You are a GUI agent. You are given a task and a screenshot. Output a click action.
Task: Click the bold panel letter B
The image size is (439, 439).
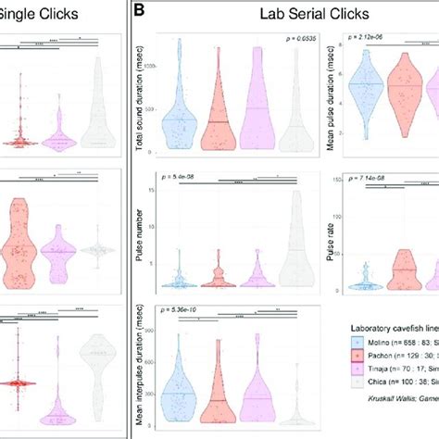coord(139,14)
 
